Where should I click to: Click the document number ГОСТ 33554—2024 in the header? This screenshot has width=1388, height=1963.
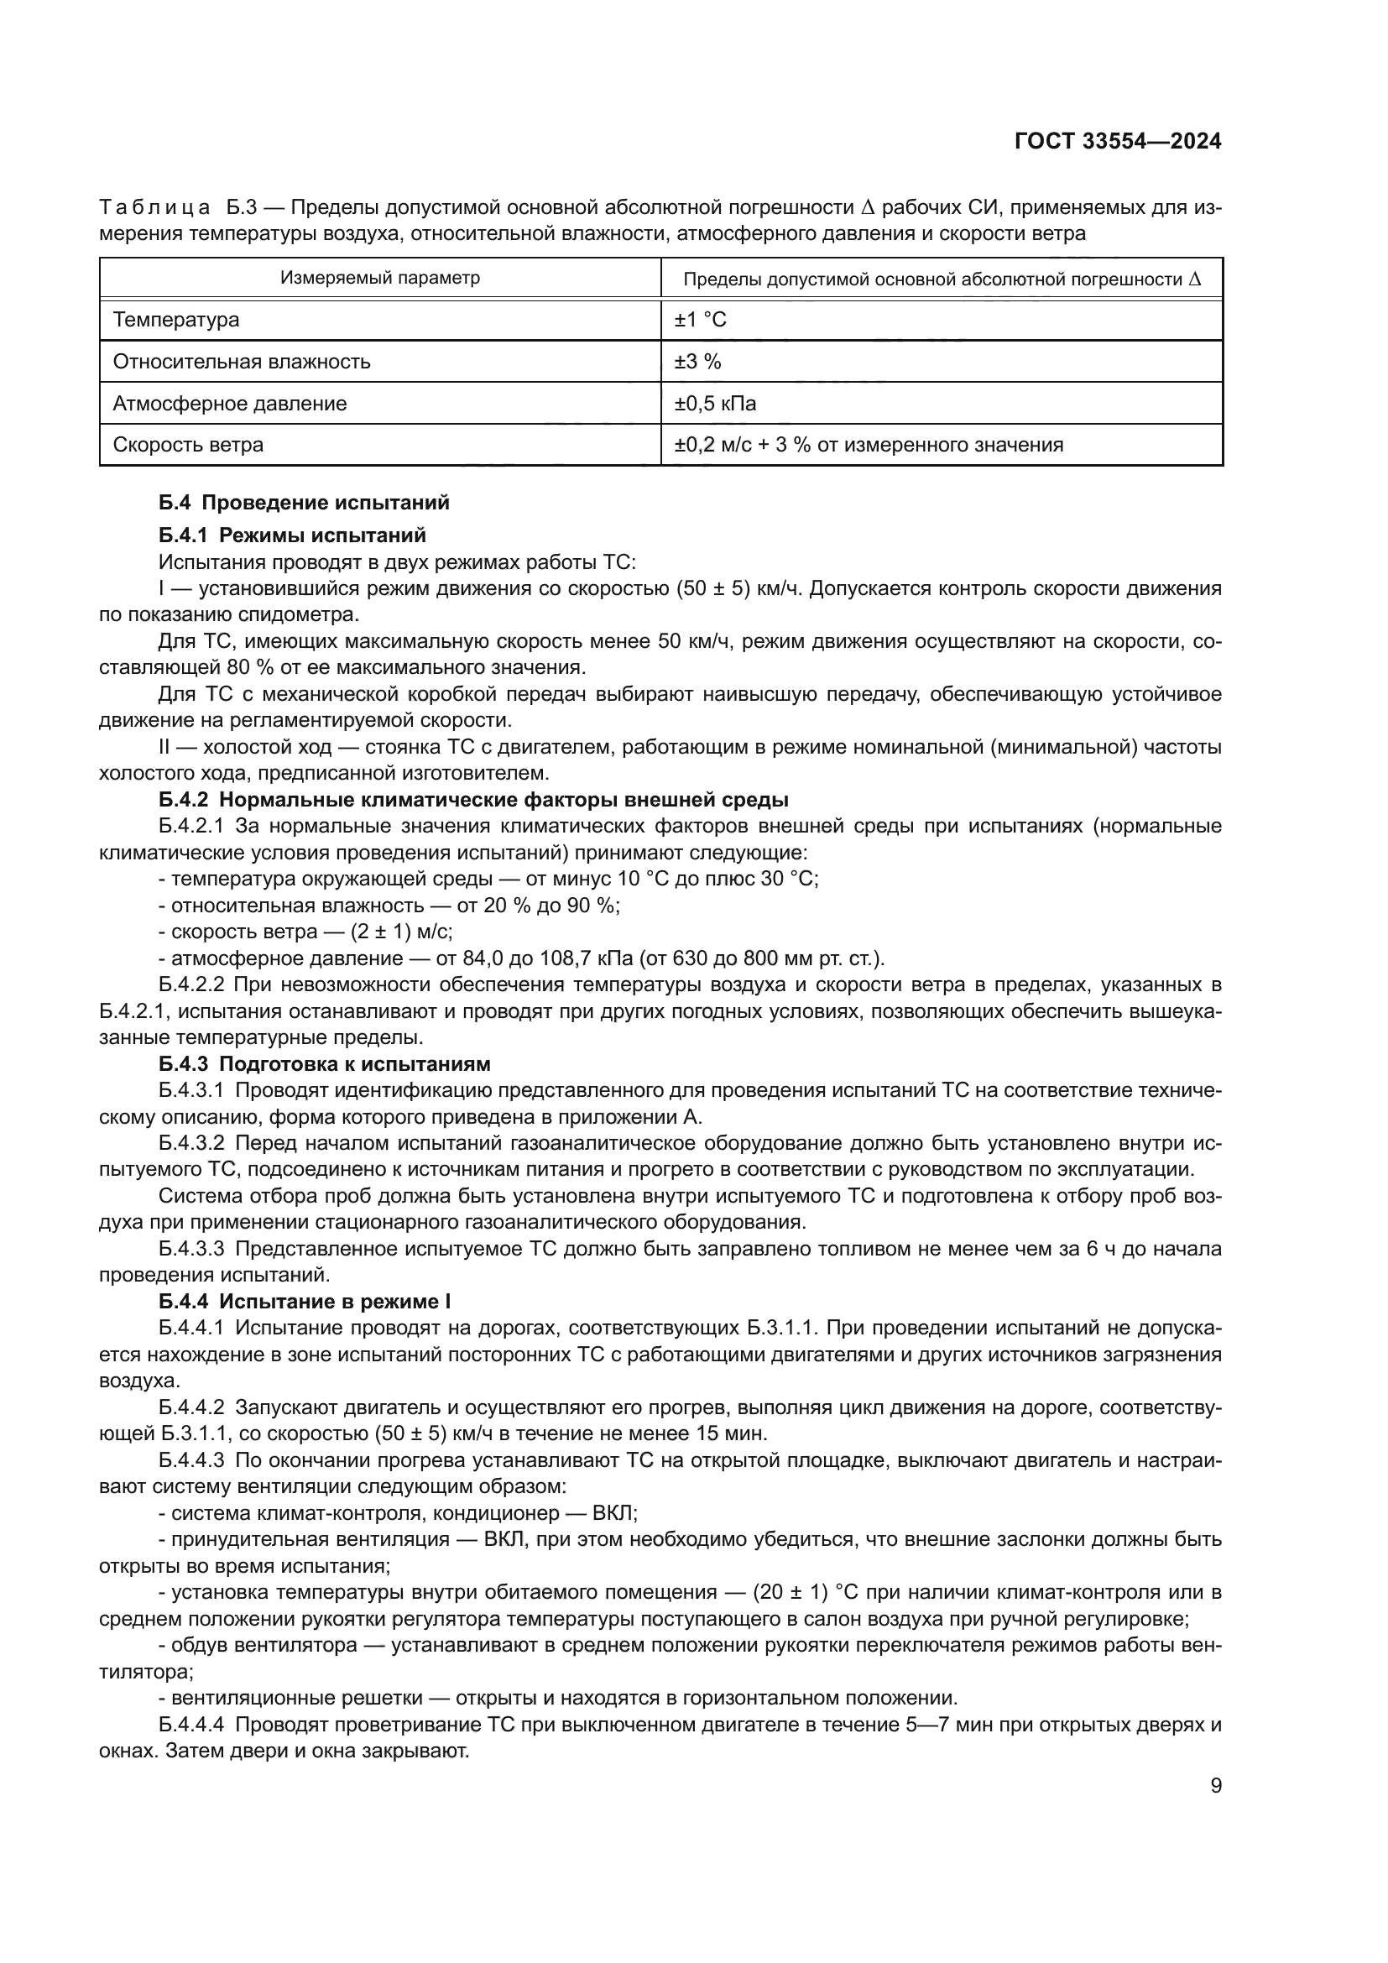pos(1118,142)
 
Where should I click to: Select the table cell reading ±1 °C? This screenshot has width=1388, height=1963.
pos(700,320)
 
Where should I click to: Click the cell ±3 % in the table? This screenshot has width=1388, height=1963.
pos(697,362)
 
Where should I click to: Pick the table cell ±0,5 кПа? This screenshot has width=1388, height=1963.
pos(715,404)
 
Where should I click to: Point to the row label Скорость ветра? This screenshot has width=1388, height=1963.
pos(188,445)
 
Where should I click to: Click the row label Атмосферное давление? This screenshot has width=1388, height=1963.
pos(230,404)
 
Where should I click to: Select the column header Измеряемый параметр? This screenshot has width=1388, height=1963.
pos(380,278)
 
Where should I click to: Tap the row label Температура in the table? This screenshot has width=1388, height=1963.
pos(176,320)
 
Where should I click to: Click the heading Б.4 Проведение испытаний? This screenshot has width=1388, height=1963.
pos(304,503)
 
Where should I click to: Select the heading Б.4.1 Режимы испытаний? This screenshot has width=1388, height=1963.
pos(291,535)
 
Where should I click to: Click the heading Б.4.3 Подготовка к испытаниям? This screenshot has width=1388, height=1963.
pos(324,1064)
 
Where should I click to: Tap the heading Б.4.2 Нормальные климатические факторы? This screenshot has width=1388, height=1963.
pos(472,801)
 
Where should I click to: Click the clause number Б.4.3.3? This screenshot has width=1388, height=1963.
pos(191,1249)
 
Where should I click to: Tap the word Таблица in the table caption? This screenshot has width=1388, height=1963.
pos(154,208)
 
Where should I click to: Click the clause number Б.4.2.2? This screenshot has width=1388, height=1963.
pos(191,985)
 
